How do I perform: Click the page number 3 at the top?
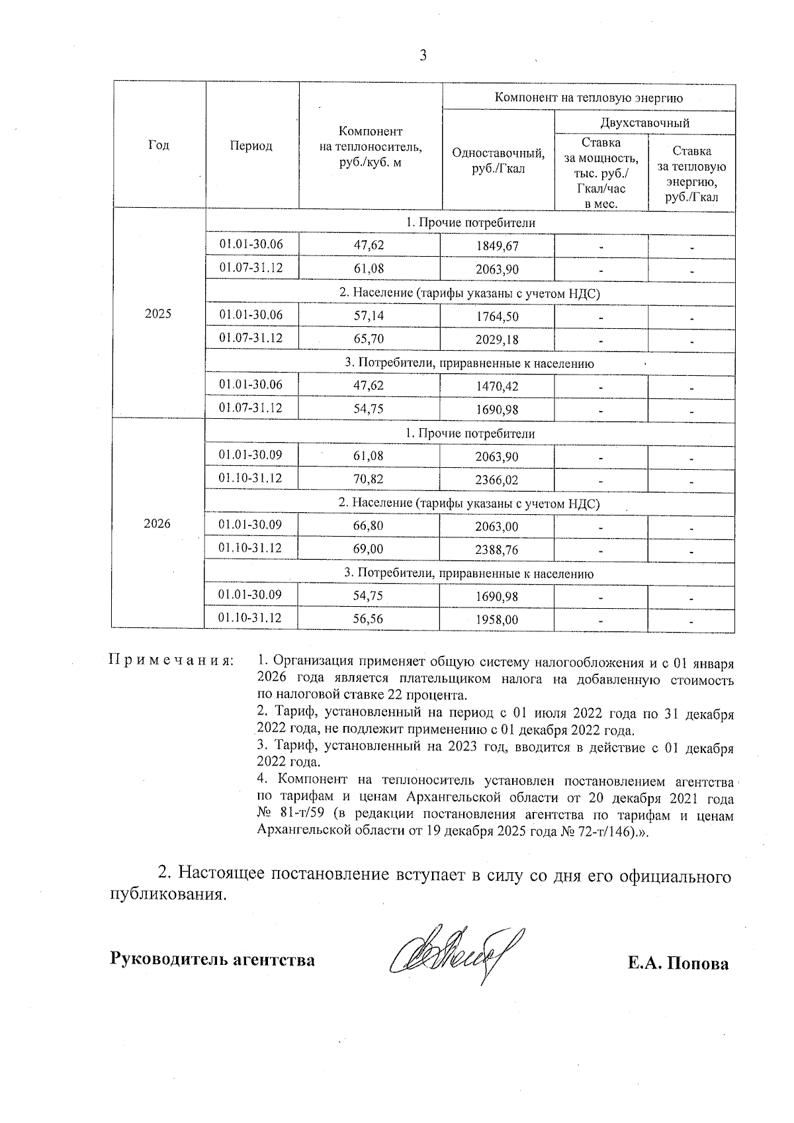[423, 56]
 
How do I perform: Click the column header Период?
[251, 146]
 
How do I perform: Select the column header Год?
[159, 145]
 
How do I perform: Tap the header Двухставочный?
[644, 122]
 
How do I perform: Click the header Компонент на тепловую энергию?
[589, 98]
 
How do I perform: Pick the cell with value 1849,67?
[498, 247]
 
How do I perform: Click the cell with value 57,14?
[369, 316]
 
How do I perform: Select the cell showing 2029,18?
[498, 339]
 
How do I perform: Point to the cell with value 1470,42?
[498, 386]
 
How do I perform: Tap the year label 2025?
[158, 314]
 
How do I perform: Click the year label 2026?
[157, 524]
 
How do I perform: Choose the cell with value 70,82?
[369, 478]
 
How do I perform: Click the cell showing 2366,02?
[498, 479]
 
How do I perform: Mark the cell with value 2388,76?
[498, 550]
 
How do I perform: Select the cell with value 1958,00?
[498, 620]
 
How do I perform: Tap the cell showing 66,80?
[369, 526]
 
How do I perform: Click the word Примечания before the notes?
[171, 660]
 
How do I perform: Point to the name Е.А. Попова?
[678, 963]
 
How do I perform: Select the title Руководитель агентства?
[212, 959]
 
